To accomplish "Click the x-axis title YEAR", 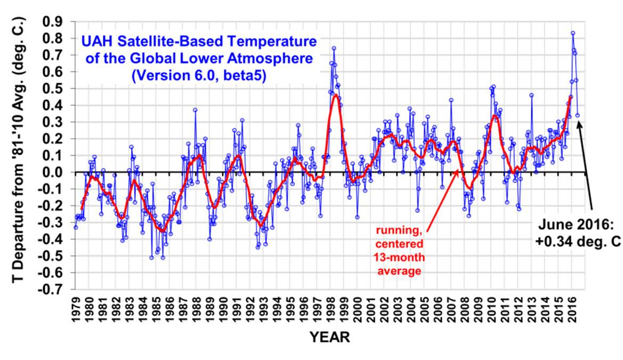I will coord(330,338).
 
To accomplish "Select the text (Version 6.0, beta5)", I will coord(198,75).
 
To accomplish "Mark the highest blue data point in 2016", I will coord(573,33).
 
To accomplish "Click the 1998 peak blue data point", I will coord(334,48).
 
